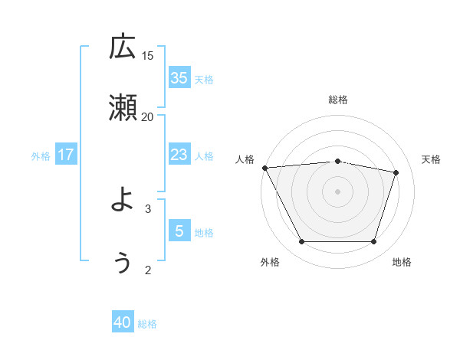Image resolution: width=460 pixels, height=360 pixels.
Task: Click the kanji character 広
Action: (x=123, y=48)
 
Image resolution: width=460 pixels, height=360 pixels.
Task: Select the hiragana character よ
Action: (x=123, y=201)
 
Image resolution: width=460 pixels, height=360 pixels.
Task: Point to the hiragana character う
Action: (x=123, y=261)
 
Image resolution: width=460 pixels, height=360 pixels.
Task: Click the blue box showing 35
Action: (x=179, y=77)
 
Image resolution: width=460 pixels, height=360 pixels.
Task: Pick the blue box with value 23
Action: (x=179, y=155)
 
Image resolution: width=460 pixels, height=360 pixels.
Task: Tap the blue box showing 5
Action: (x=179, y=231)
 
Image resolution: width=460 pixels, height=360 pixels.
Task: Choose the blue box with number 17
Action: (x=66, y=155)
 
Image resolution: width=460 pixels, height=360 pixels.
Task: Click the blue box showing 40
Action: (x=123, y=322)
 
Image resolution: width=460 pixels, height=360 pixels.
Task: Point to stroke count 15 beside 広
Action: (x=148, y=55)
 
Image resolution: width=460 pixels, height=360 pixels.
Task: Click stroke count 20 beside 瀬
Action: (x=148, y=116)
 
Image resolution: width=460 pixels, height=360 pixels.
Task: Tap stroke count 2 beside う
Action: (x=148, y=270)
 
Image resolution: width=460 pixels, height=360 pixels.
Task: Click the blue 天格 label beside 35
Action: (x=204, y=79)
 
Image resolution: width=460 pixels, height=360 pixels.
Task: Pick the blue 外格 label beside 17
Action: (x=41, y=156)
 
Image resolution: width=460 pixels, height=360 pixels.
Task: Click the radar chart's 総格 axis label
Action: (x=338, y=100)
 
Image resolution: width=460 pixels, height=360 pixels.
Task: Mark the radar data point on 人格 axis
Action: (x=264, y=168)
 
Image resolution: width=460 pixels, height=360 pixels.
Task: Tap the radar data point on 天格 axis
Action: (x=396, y=172)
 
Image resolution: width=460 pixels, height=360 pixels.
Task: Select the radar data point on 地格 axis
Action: (x=373, y=242)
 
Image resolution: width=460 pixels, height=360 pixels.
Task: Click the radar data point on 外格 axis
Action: (x=301, y=242)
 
